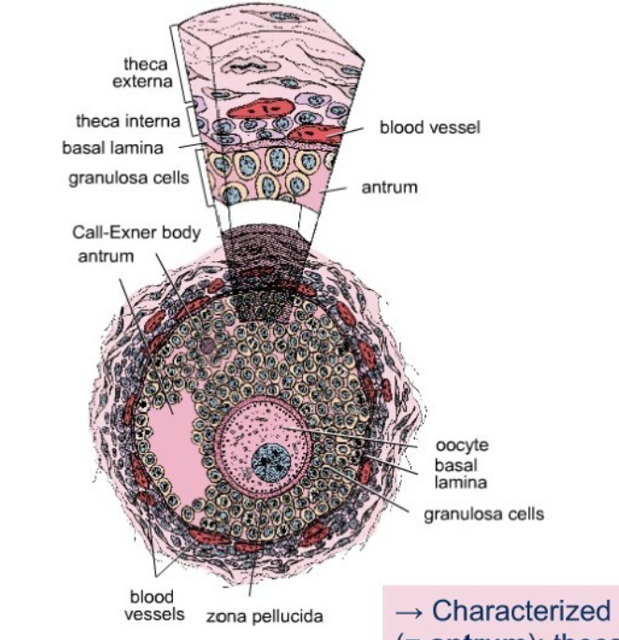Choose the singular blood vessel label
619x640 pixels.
(x=429, y=128)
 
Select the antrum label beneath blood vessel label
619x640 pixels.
(x=389, y=188)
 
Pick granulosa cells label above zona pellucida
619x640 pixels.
(x=483, y=514)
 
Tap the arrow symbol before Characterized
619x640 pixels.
(x=410, y=610)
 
